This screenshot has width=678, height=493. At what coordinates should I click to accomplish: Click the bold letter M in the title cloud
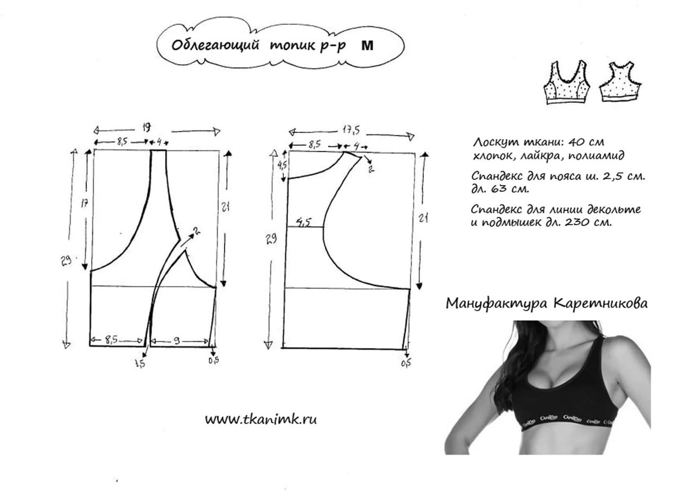[x=368, y=46]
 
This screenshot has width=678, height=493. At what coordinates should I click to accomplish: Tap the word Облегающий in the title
[x=215, y=46]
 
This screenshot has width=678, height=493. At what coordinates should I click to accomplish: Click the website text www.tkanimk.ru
[x=261, y=419]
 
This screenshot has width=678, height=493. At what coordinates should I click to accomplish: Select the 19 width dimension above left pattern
[x=146, y=128]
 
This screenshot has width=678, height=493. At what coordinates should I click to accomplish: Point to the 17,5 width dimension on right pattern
[x=351, y=130]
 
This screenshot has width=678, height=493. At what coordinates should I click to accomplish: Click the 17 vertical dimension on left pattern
[x=84, y=204]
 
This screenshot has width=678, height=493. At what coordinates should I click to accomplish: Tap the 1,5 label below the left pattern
[x=140, y=363]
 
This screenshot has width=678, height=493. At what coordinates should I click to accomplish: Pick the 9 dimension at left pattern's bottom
[x=177, y=341]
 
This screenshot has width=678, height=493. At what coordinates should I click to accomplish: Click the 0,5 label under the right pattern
[x=406, y=363]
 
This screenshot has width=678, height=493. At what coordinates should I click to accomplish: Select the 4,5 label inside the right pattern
[x=304, y=223]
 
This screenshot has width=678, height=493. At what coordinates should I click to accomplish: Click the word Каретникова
[x=601, y=303]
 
